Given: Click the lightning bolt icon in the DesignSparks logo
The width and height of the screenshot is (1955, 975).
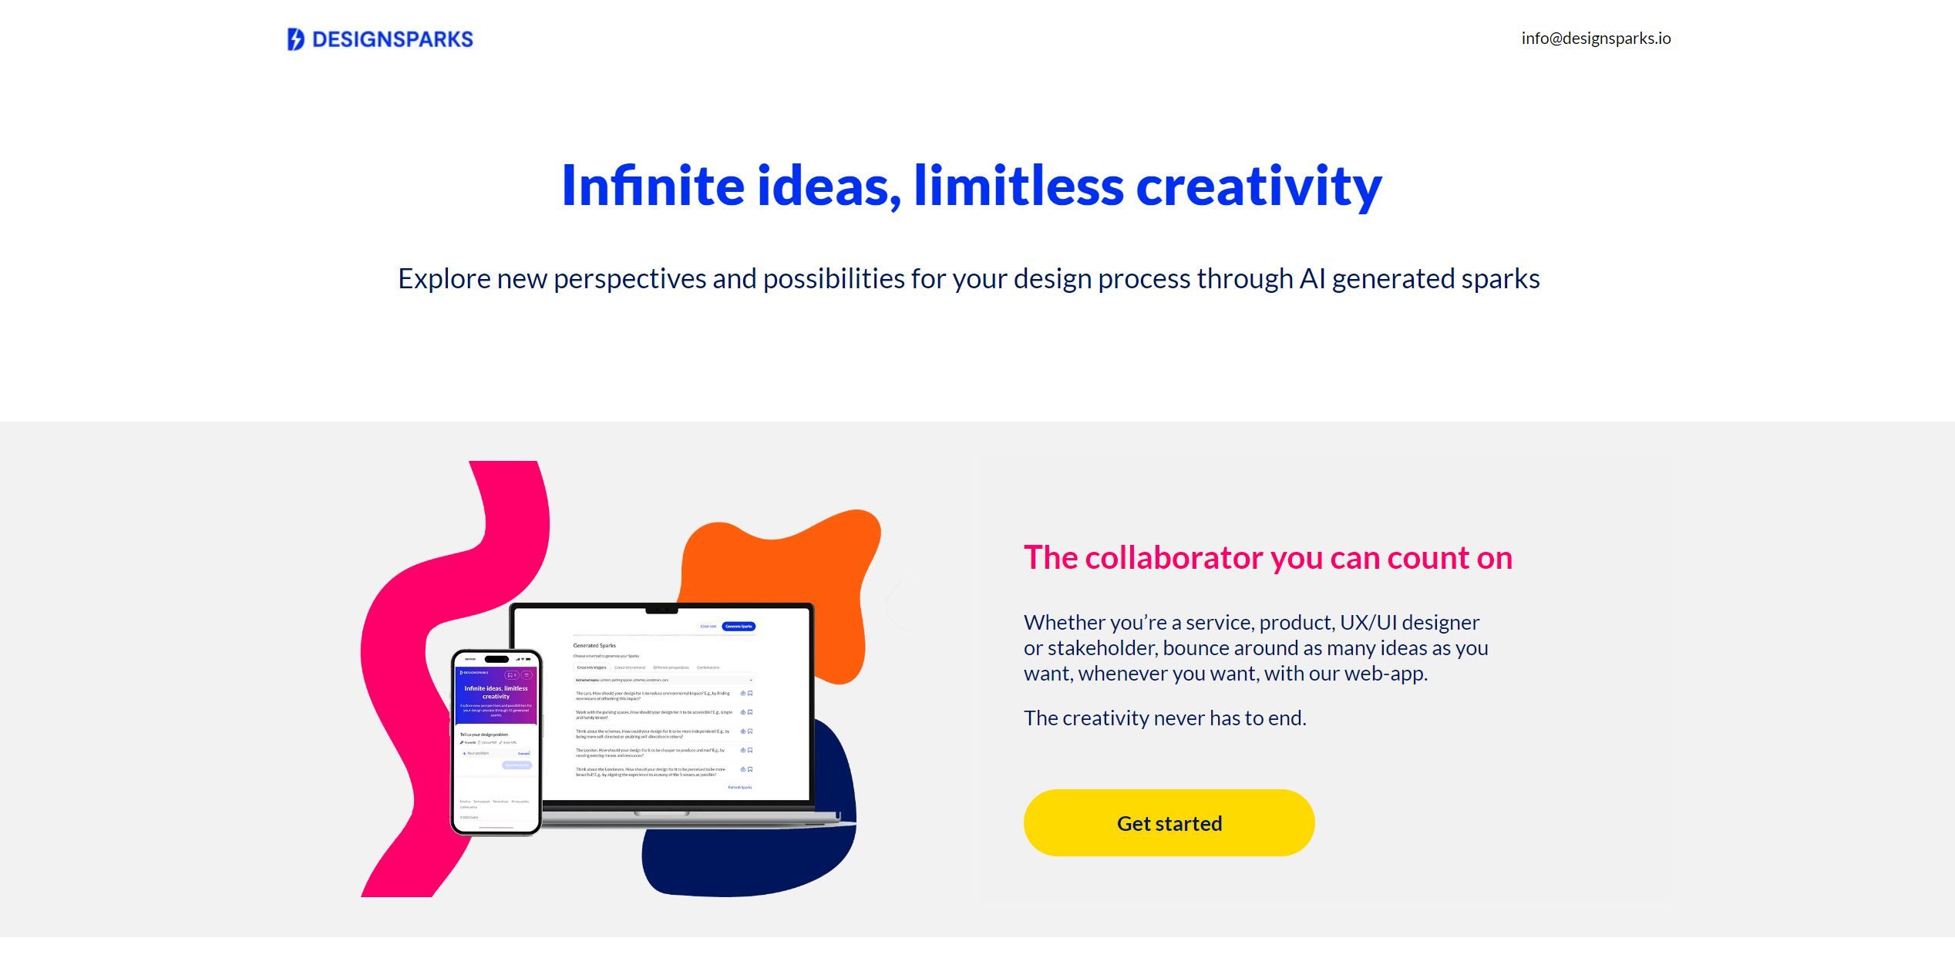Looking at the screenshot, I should pyautogui.click(x=295, y=39).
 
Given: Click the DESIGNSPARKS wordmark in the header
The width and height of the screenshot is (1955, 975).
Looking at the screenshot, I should pyautogui.click(x=392, y=39).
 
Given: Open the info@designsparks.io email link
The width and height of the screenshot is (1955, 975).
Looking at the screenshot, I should pyautogui.click(x=1596, y=39).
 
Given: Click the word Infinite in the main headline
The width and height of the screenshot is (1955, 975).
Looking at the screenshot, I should pyautogui.click(x=653, y=186).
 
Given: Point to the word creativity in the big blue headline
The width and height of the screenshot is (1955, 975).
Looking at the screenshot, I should pyautogui.click(x=1259, y=186).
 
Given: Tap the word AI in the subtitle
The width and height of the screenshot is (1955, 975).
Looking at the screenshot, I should pyautogui.click(x=1312, y=279).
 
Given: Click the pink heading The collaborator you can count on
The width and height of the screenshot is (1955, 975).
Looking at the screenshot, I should pyautogui.click(x=1267, y=557).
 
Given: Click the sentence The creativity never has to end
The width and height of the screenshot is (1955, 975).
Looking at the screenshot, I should pyautogui.click(x=1165, y=718).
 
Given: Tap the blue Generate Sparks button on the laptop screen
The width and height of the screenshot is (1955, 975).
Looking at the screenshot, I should pyautogui.click(x=739, y=626).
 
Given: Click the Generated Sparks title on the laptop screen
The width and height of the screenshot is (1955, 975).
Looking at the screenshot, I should pyautogui.click(x=594, y=645).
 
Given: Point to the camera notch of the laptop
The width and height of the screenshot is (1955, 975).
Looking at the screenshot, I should pyautogui.click(x=661, y=609).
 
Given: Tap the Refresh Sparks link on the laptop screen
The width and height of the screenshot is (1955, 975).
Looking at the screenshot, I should pyautogui.click(x=739, y=787).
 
